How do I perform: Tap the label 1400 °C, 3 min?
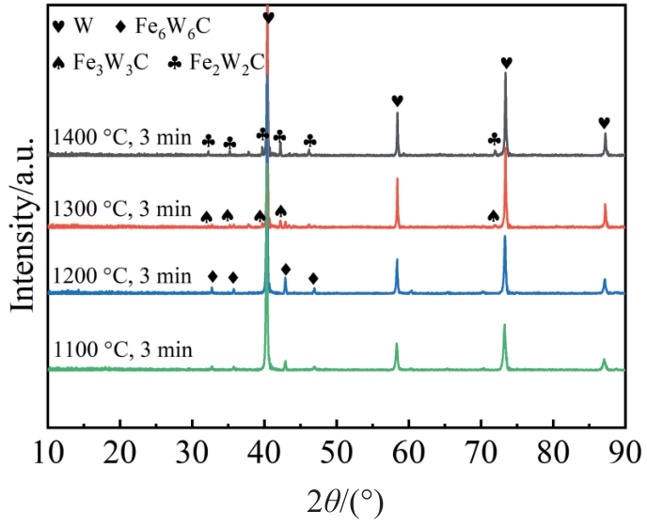tap(123, 139)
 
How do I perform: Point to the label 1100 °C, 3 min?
tap(123, 350)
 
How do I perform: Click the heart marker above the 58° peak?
tap(397, 101)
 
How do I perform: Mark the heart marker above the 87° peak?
tap(604, 123)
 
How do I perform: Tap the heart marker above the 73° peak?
tap(506, 63)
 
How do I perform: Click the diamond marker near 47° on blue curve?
tap(313, 277)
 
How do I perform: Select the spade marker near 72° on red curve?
tap(493, 216)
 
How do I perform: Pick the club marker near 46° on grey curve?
tap(309, 141)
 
